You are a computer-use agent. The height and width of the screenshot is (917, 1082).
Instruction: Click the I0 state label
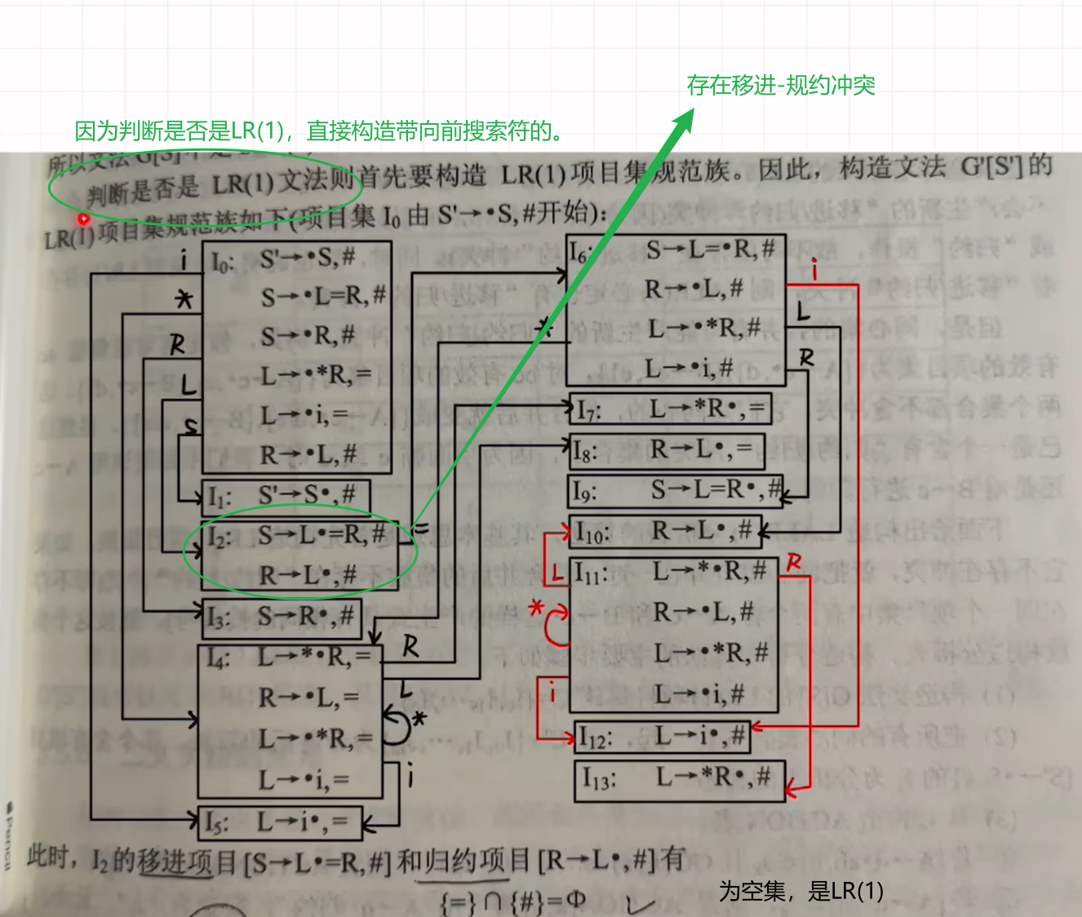click(x=222, y=262)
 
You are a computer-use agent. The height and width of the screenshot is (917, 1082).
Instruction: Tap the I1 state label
click(x=220, y=496)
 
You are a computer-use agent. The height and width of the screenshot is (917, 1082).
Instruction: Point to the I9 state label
click(x=585, y=491)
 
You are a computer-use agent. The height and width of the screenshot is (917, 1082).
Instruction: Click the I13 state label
click(x=598, y=779)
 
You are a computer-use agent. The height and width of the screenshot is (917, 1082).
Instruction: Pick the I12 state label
click(x=595, y=738)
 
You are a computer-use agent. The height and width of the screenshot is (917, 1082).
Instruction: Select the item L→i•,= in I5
click(x=303, y=821)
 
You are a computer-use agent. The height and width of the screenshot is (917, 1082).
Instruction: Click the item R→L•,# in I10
click(x=701, y=531)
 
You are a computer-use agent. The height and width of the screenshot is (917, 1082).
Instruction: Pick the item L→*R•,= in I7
click(x=706, y=408)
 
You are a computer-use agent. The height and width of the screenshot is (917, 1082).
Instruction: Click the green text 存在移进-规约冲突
click(x=780, y=85)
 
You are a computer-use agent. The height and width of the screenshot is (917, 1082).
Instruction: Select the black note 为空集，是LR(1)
click(x=800, y=891)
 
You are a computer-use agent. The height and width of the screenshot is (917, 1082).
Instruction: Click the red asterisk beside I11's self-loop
click(x=536, y=609)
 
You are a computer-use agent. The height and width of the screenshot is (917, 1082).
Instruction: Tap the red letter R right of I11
click(x=794, y=563)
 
